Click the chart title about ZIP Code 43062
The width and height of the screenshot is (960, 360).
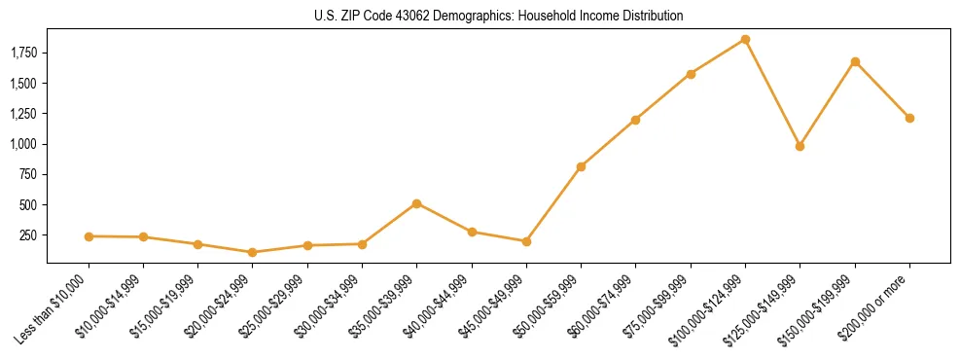click(x=499, y=16)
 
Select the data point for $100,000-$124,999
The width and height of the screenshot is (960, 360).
click(x=745, y=39)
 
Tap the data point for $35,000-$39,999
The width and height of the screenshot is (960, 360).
click(x=416, y=203)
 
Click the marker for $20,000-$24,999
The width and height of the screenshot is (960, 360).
click(x=253, y=252)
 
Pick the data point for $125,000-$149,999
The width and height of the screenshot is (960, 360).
click(x=800, y=146)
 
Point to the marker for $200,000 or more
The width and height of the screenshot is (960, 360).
click(x=909, y=118)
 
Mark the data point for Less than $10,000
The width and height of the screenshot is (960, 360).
click(x=89, y=236)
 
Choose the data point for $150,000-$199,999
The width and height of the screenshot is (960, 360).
click(x=855, y=61)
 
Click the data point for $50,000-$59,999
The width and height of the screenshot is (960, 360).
click(x=581, y=166)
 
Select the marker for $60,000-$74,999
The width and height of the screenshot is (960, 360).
click(x=635, y=120)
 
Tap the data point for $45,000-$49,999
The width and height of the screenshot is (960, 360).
click(x=526, y=241)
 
